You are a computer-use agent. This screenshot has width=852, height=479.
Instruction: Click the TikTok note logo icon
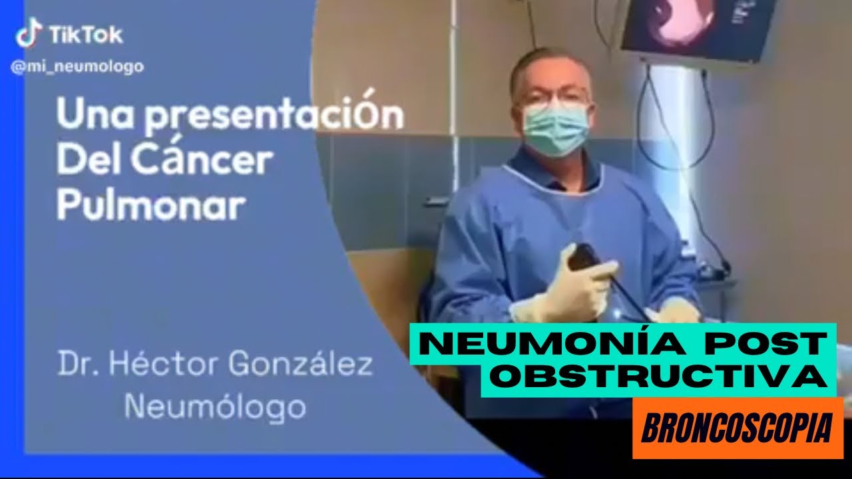(x=29, y=33)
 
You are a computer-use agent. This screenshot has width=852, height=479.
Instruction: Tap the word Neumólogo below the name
(x=215, y=405)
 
